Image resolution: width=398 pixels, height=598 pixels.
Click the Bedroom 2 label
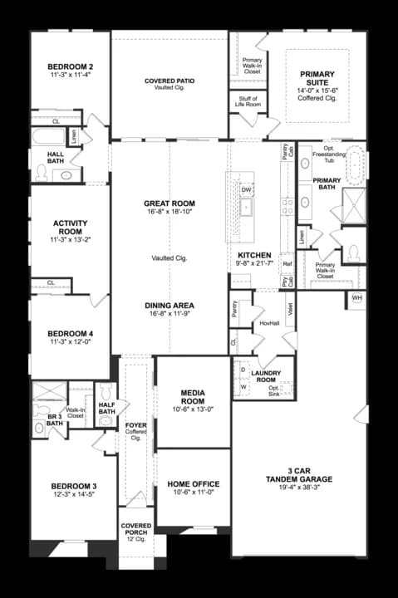click(69, 66)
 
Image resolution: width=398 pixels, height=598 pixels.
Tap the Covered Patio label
click(170, 81)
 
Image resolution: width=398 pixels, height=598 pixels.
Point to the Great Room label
click(170, 203)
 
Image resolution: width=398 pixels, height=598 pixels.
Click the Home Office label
click(193, 483)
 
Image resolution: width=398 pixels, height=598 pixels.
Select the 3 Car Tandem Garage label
click(298, 474)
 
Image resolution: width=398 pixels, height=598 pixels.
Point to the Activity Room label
click(70, 227)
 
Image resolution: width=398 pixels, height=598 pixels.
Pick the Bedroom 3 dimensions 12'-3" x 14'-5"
click(74, 495)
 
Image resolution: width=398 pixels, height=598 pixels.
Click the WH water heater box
click(356, 297)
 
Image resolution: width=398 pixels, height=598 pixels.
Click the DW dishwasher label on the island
click(246, 189)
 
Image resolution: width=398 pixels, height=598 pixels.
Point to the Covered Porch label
click(135, 530)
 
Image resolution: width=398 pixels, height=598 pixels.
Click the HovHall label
click(268, 323)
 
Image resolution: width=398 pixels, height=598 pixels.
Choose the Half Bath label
click(106, 408)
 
